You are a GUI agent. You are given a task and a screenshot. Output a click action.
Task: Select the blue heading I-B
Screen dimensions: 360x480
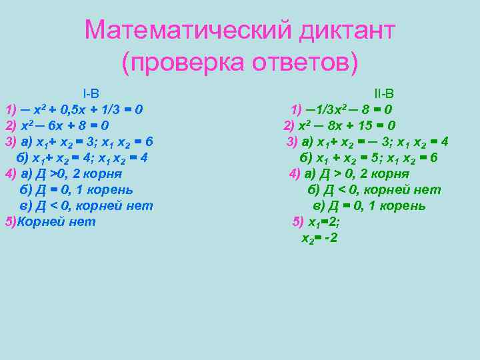[91, 93]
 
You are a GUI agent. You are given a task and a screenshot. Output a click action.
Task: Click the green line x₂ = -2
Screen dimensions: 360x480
[319, 238]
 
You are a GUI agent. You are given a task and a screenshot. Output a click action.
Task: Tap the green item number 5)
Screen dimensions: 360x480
[298, 222]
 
